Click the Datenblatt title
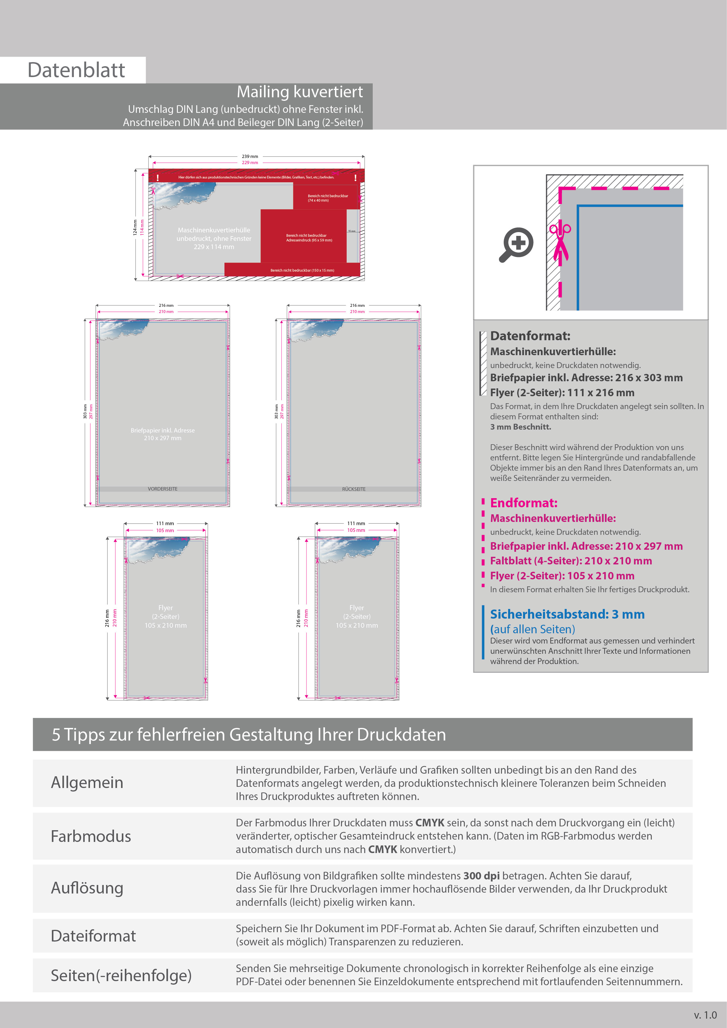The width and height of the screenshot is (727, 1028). [x=76, y=70]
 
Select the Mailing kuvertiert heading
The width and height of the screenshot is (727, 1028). [x=299, y=92]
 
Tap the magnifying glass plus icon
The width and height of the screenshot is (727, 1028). [x=517, y=244]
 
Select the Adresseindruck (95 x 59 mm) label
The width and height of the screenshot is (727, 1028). [x=309, y=238]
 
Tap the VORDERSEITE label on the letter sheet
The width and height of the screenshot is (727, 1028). [x=163, y=489]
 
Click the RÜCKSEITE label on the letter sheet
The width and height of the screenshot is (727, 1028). [x=354, y=489]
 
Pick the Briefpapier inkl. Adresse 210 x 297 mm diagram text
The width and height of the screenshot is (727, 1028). [x=163, y=434]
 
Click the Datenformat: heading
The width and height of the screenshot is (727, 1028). [x=530, y=336]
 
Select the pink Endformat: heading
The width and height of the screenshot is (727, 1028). [x=524, y=503]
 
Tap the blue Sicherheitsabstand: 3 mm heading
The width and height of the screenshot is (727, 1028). [x=567, y=614]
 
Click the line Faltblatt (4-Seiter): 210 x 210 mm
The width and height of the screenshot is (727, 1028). [x=571, y=561]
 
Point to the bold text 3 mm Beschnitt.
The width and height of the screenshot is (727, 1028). [x=520, y=427]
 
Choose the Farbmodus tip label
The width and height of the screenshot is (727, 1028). [x=91, y=836]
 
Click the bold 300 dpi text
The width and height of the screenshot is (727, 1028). [x=481, y=876]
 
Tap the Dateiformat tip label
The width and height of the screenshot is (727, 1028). [x=93, y=936]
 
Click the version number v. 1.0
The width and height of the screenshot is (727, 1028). [x=705, y=1015]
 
